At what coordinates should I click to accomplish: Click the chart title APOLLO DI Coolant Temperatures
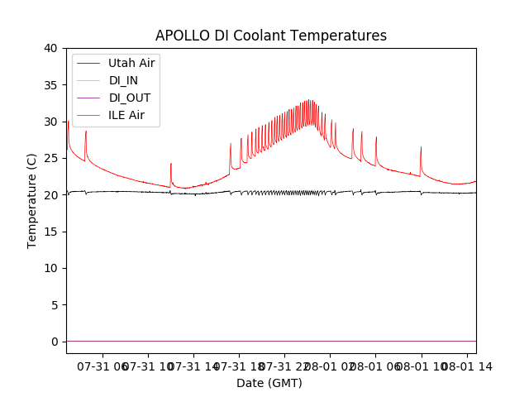click(x=271, y=36)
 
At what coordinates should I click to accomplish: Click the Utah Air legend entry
click(x=131, y=63)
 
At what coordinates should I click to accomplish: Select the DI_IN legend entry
click(x=125, y=80)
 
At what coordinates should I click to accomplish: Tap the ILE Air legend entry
click(x=126, y=115)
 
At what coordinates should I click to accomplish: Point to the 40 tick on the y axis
click(x=50, y=48)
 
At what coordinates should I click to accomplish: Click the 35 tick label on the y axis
click(x=50, y=85)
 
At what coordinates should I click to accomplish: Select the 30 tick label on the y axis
click(x=50, y=122)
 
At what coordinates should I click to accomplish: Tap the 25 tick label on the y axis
click(x=50, y=158)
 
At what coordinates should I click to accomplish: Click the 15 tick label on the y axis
click(x=50, y=232)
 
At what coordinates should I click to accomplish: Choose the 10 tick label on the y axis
click(x=50, y=268)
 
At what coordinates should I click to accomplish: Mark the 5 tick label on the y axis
click(x=54, y=304)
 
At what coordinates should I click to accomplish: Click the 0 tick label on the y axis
click(x=54, y=342)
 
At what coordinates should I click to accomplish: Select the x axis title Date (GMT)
click(x=269, y=383)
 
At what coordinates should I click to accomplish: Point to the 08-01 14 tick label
click(x=465, y=366)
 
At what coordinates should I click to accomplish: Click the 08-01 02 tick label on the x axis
click(x=330, y=366)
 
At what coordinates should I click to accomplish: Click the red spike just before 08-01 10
click(x=421, y=149)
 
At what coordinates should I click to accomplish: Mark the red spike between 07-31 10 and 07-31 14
click(x=171, y=165)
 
